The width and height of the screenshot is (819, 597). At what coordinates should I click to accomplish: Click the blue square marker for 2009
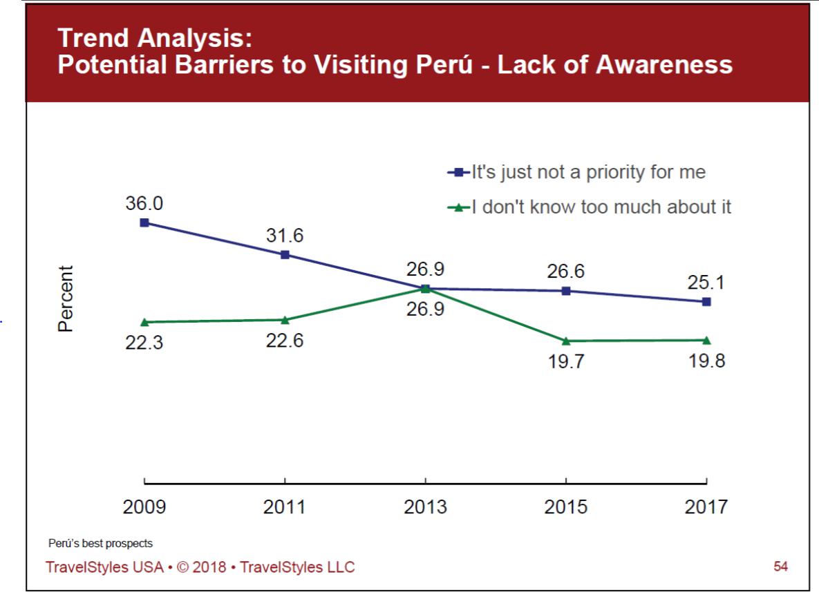[144, 222]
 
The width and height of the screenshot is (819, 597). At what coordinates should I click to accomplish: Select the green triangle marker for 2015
[566, 341]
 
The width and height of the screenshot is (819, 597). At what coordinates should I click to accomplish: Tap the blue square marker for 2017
[706, 301]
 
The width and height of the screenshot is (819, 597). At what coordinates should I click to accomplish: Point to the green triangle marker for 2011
[285, 319]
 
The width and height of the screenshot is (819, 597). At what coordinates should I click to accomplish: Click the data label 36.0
[144, 204]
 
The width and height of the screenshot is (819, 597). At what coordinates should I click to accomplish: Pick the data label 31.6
[285, 236]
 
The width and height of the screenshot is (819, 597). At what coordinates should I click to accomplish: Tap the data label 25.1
[706, 282]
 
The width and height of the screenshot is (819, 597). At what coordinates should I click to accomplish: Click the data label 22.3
[144, 343]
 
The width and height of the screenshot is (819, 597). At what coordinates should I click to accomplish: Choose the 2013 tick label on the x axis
[425, 507]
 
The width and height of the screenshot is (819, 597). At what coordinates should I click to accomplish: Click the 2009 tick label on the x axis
[144, 507]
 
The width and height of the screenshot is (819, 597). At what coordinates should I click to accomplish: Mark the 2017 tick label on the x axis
[706, 507]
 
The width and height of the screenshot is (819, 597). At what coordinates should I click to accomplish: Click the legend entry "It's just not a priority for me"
[588, 172]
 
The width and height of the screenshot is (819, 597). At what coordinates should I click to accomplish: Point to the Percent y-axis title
[66, 298]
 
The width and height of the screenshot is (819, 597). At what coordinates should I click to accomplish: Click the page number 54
[780, 567]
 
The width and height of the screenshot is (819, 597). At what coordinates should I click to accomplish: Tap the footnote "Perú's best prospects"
[101, 544]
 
